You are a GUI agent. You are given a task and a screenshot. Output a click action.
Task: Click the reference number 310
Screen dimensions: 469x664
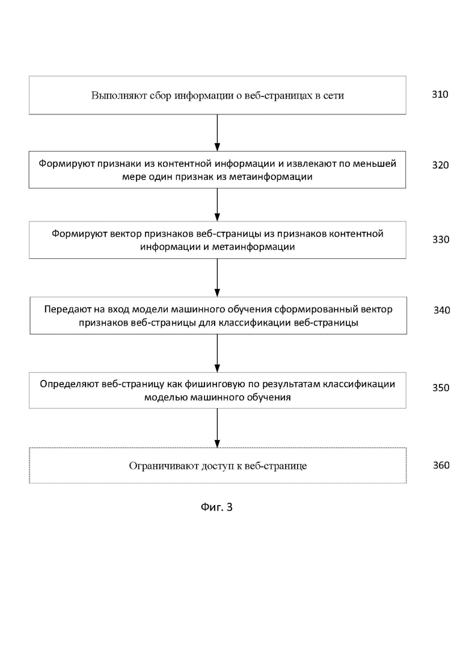[x=440, y=95]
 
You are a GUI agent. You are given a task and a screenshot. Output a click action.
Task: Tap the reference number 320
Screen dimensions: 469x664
[x=440, y=165]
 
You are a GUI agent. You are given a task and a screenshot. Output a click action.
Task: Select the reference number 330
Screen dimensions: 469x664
[x=441, y=240]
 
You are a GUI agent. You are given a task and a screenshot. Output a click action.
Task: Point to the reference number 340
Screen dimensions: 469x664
[x=441, y=311]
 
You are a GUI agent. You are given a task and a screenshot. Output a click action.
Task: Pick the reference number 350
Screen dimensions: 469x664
[x=441, y=388]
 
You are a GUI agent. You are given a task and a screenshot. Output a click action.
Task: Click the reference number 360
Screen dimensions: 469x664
[x=441, y=465]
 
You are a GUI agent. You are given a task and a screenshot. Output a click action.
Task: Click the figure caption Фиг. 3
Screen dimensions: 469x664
[x=216, y=507]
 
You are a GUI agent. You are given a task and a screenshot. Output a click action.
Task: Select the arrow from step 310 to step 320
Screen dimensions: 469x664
[x=217, y=132]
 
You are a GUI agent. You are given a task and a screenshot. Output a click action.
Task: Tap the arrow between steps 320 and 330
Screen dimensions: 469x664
[x=217, y=205]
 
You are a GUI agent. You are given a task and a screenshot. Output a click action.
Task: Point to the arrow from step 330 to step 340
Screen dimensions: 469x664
[x=217, y=278]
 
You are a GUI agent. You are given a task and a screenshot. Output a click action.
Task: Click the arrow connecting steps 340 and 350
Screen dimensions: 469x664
[x=217, y=353]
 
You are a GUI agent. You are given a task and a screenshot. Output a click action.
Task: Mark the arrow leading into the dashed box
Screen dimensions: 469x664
[x=217, y=427]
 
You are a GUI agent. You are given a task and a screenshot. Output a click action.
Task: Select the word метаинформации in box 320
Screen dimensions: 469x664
[x=271, y=177]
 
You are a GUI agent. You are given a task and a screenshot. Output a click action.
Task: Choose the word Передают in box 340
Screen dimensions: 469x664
[x=64, y=309]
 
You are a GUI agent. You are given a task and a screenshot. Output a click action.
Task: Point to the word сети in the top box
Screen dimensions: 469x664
[x=333, y=96]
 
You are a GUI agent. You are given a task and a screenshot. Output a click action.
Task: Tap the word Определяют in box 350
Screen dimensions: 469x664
[x=69, y=385]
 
